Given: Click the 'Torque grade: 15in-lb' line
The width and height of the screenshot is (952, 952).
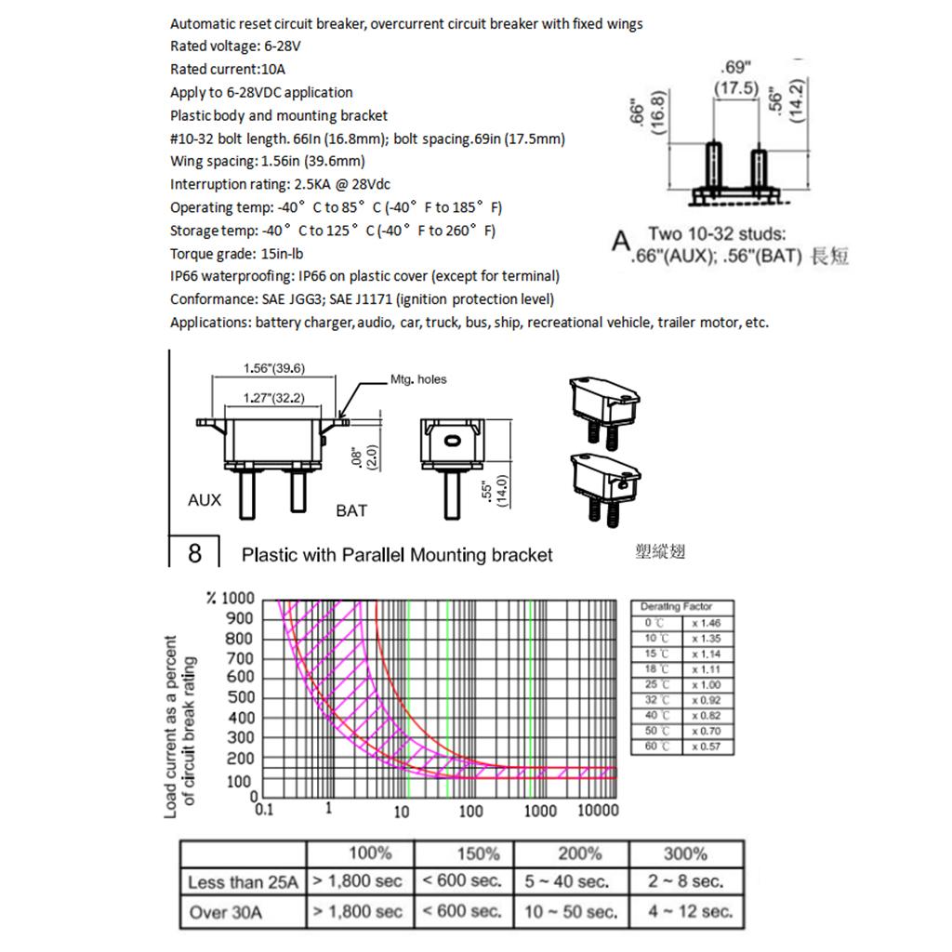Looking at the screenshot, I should [x=237, y=253].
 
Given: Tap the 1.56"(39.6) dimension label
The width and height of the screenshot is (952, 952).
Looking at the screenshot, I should [x=274, y=368].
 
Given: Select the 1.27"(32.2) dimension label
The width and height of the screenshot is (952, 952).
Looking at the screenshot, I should [x=274, y=398].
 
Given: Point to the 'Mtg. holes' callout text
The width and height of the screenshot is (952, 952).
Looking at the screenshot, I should [x=418, y=379].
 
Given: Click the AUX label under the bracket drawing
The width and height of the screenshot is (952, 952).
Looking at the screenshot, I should [x=205, y=500].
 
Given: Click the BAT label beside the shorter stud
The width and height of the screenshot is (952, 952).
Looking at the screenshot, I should [x=351, y=510].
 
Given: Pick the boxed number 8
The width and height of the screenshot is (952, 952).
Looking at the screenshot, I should [x=194, y=554].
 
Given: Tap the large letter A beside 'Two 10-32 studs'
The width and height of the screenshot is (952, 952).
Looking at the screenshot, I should [x=621, y=242].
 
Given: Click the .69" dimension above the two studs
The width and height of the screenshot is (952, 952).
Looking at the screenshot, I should [x=736, y=67].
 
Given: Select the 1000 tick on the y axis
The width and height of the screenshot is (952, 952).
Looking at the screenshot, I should [x=236, y=598].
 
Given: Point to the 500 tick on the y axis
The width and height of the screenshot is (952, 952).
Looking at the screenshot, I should [x=240, y=697].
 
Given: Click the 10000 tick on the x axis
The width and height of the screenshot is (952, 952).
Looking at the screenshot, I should [x=598, y=810].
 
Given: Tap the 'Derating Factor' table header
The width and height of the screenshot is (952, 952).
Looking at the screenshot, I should [x=676, y=606].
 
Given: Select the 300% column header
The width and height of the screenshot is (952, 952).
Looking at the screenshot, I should [x=686, y=853].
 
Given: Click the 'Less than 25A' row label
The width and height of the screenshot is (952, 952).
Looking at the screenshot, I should [x=243, y=882].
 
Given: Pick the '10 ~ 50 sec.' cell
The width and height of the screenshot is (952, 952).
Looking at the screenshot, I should [x=571, y=911].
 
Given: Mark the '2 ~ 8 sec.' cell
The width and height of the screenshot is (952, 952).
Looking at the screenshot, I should [x=686, y=881].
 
